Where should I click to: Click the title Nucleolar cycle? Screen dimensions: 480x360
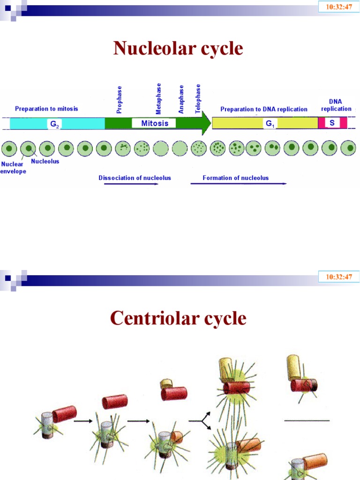pos(178,49)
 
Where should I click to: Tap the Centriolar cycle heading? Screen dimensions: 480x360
pos(178,318)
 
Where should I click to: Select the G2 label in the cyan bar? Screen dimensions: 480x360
pos(54,124)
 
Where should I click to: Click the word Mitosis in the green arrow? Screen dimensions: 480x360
pos(154,123)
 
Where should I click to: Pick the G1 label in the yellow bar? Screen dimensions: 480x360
pos(270,124)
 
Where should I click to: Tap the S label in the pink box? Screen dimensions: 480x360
pos(332,123)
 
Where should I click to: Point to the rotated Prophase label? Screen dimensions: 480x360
pos(120,99)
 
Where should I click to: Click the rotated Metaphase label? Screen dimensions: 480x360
pos(158,98)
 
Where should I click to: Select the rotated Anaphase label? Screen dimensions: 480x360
pos(181,99)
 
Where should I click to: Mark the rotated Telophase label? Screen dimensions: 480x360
pos(198,98)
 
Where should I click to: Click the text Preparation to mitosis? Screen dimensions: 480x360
pos(46,109)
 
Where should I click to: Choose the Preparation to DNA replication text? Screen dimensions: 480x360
pos(264,109)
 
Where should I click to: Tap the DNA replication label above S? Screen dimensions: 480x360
pos(336,105)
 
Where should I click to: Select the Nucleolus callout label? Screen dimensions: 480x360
pos(45,162)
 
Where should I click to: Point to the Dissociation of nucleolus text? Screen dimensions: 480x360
pos(135,178)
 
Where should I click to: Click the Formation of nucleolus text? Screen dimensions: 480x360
pos(235,178)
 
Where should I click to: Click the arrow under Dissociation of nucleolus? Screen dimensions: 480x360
pos(131,184)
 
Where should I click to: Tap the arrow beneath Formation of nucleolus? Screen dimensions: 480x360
pos(238,184)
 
